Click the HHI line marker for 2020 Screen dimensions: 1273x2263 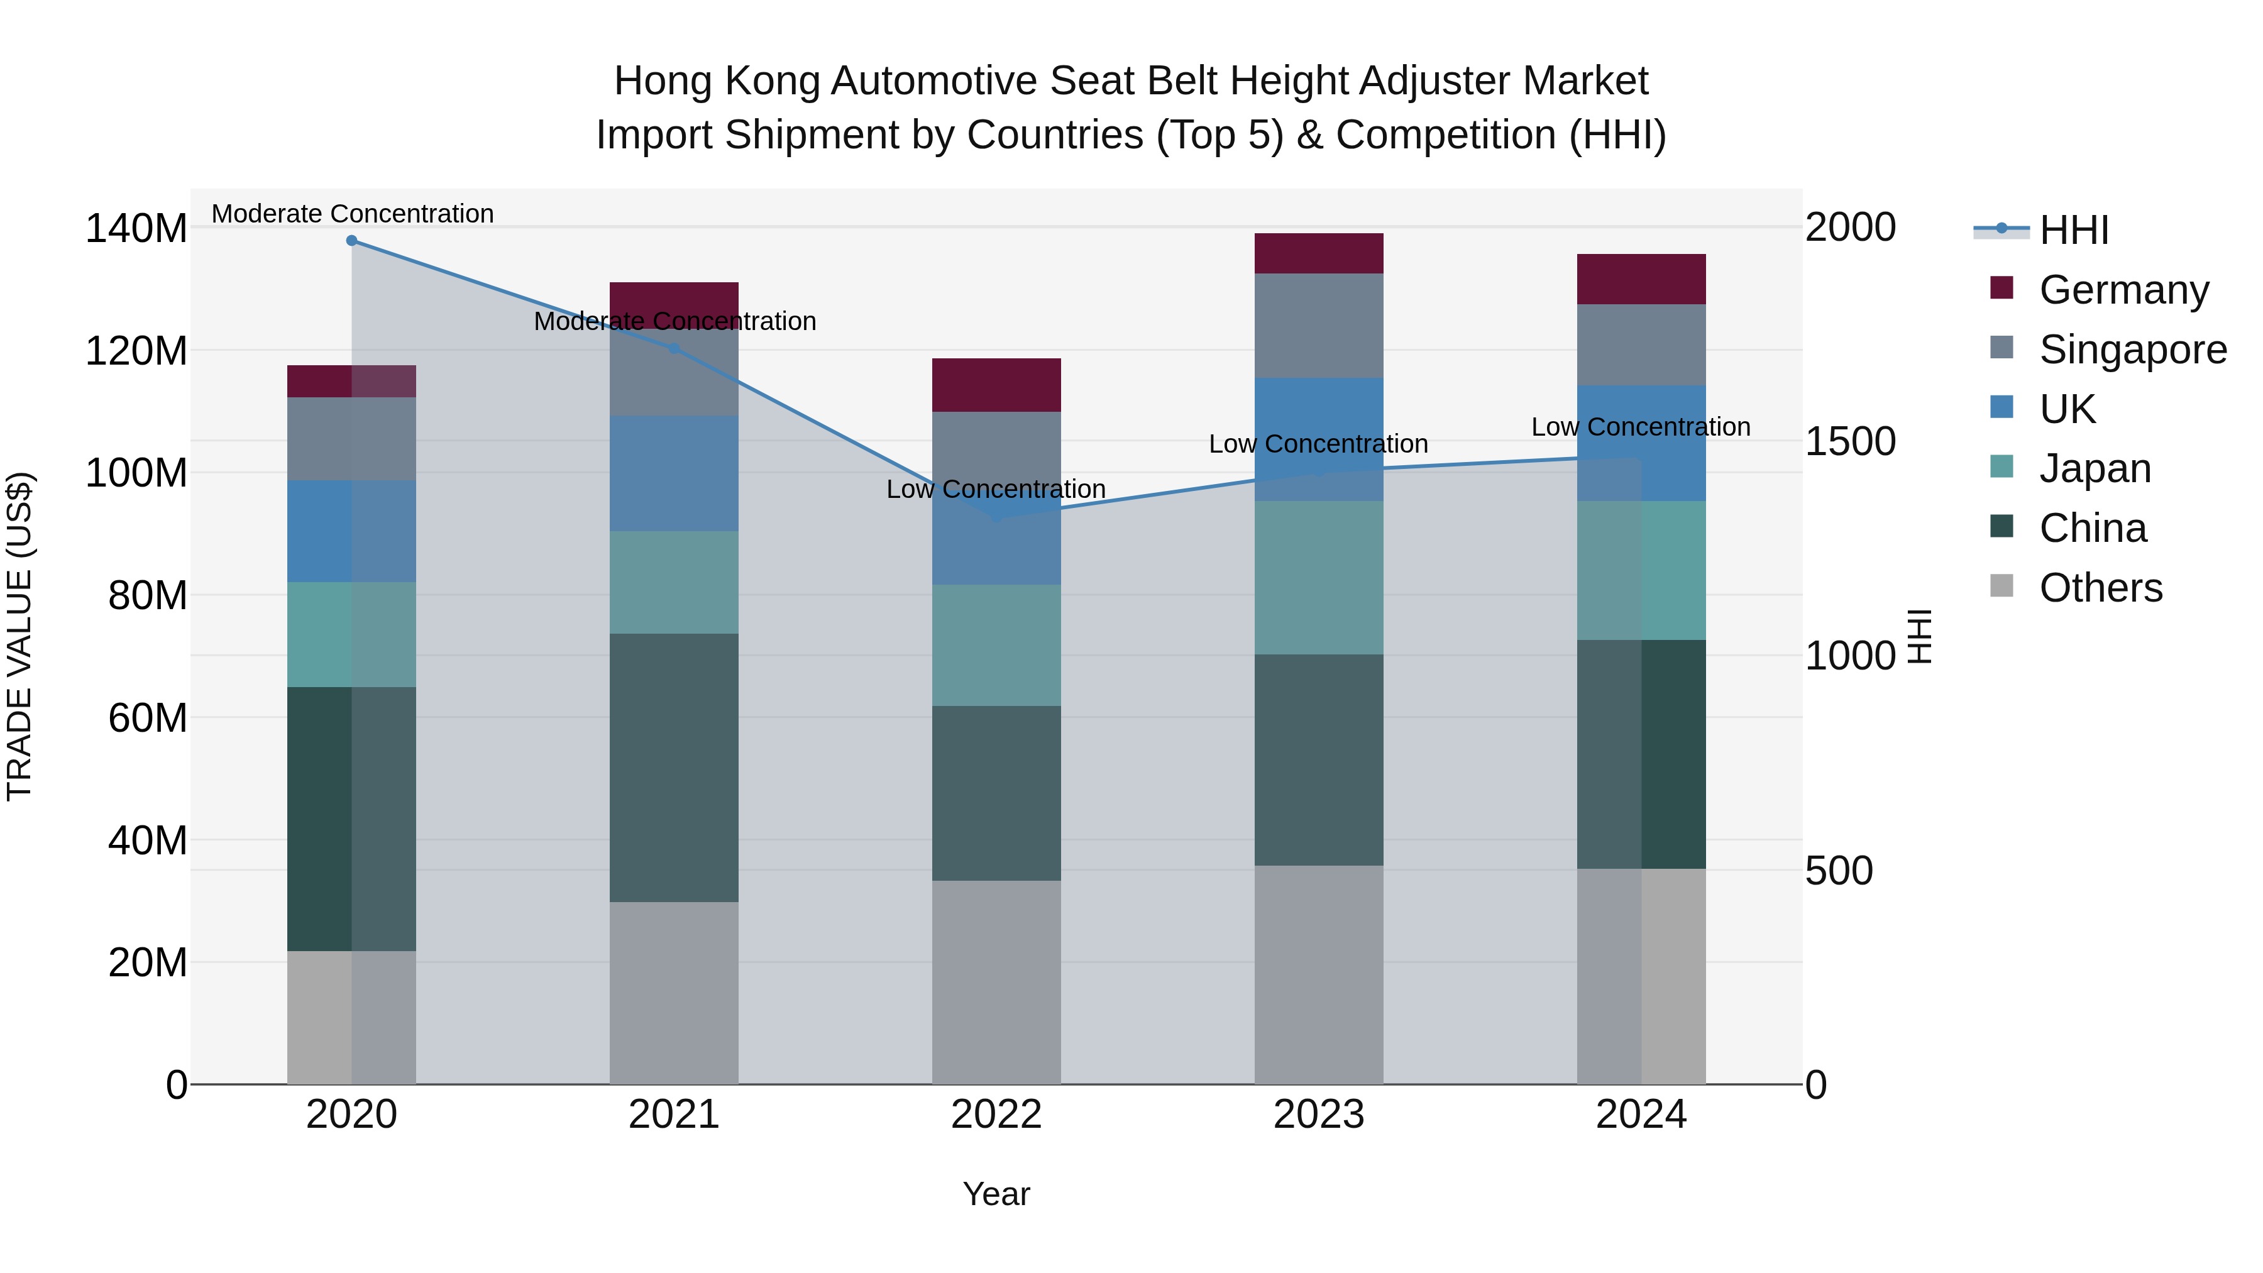click(x=351, y=241)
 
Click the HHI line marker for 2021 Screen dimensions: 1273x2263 click(x=674, y=348)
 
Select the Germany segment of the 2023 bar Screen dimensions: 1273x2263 click(x=1319, y=253)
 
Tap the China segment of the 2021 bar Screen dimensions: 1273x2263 click(x=674, y=767)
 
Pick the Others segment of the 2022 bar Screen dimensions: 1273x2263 click(x=996, y=981)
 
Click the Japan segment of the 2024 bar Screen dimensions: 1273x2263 click(x=1641, y=570)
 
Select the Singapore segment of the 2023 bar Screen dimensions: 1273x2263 click(x=1319, y=325)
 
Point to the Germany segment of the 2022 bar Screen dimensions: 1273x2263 click(x=996, y=385)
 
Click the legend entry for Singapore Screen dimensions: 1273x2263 click(x=2132, y=350)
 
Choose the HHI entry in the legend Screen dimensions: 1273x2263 click(x=2073, y=230)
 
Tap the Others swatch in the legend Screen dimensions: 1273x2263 click(x=2002, y=586)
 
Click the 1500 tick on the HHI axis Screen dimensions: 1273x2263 click(x=1850, y=442)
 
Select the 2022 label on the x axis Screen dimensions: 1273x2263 click(x=996, y=1115)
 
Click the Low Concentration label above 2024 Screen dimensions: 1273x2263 click(x=1640, y=427)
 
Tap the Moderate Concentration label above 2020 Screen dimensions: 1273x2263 click(x=352, y=214)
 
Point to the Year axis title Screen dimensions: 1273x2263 click(x=996, y=1194)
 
